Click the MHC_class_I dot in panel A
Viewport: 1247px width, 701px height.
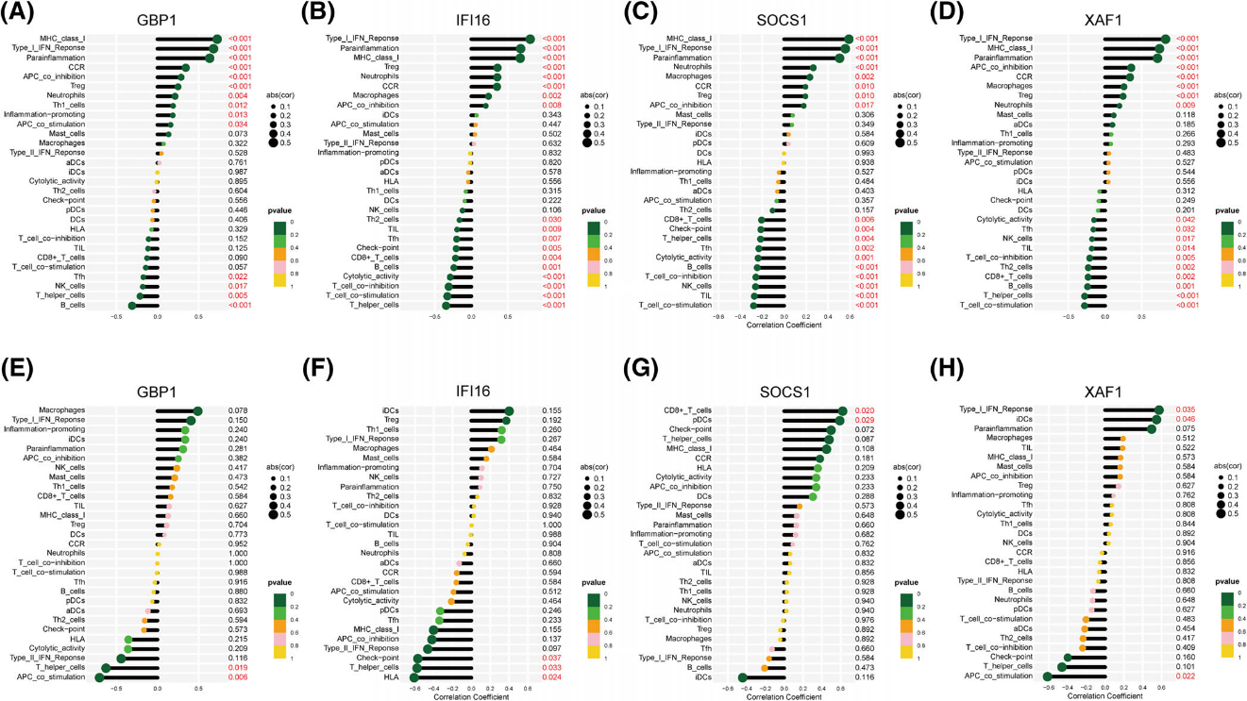[x=216, y=39]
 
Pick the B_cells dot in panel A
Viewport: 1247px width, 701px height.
[x=133, y=305]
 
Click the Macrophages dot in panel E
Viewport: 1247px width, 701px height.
[x=197, y=410]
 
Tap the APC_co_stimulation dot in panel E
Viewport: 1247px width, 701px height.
[x=99, y=677]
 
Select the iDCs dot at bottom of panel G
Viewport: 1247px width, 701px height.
[x=743, y=677]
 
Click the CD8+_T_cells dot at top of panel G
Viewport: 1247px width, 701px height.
[x=842, y=410]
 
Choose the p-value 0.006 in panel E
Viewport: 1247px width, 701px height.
[x=240, y=677]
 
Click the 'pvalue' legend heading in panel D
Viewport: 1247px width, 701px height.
[x=1226, y=211]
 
